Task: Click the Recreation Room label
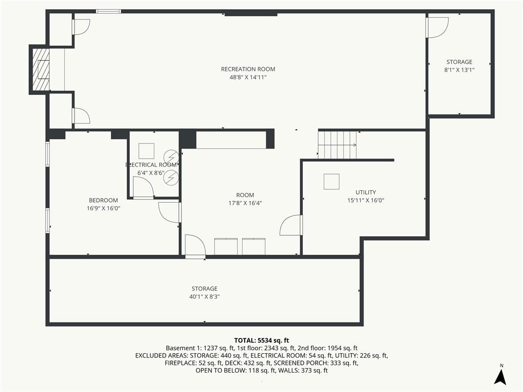[248, 69]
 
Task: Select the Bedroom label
[103, 200]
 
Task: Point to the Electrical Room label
[151, 165]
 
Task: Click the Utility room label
[366, 192]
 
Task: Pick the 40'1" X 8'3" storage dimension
[204, 297]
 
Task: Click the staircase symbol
[337, 145]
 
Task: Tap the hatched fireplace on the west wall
[41, 69]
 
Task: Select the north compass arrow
[501, 377]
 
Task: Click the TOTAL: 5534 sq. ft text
[261, 340]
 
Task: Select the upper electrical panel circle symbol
[171, 157]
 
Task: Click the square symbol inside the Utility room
[331, 182]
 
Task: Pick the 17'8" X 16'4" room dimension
[245, 203]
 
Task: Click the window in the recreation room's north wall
[108, 11]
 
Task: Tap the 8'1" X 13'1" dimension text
[459, 70]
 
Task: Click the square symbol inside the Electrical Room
[146, 151]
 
